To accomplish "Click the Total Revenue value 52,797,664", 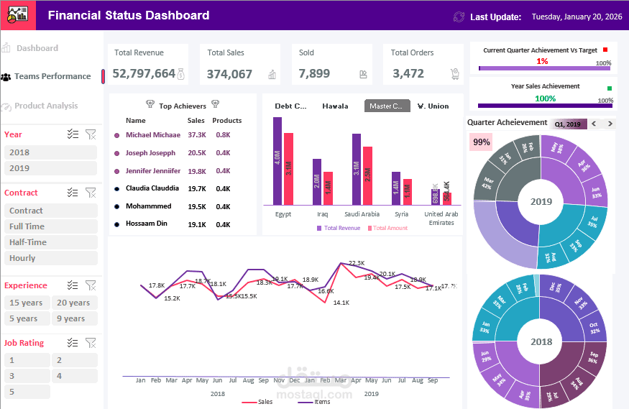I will [144, 73].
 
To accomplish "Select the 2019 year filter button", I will [50, 168].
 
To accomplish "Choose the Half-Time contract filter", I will [50, 242].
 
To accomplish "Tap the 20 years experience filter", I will [74, 303].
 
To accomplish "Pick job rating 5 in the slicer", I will [27, 392].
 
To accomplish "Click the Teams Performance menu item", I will [52, 76].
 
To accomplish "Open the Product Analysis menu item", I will [46, 106].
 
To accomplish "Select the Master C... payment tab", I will [387, 106].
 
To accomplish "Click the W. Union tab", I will [433, 106].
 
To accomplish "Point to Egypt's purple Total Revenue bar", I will [277, 161].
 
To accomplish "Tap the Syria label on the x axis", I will [401, 214].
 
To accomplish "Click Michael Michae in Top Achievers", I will [152, 135].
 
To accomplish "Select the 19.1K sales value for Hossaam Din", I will [197, 224].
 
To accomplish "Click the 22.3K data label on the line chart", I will [357, 263].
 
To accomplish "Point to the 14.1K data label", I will [341, 303].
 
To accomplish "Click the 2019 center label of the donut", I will [541, 201].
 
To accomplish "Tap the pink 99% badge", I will [481, 142].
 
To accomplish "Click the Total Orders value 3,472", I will [408, 73].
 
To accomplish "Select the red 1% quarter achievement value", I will [542, 61].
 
